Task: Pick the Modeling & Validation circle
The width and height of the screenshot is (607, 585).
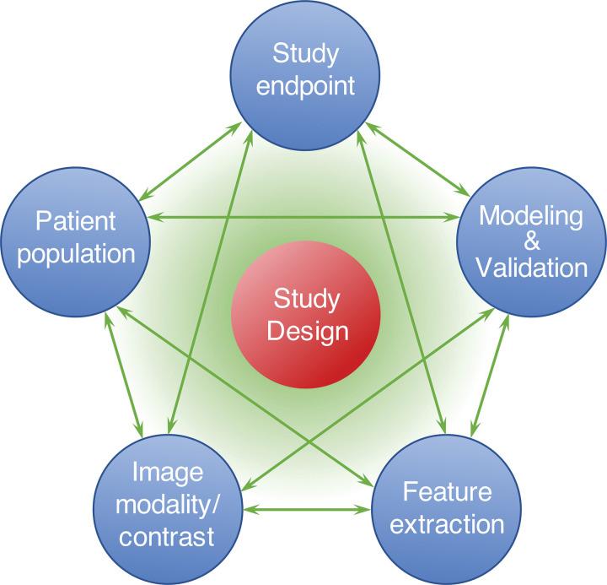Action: [531, 241]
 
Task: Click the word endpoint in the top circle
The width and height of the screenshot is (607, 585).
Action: [306, 85]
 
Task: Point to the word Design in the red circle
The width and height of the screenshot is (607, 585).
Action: [307, 330]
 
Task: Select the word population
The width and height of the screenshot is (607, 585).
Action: [76, 254]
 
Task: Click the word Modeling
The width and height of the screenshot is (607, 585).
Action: [531, 216]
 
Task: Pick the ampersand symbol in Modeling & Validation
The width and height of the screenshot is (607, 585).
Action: [531, 242]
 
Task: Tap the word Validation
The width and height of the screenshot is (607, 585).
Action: [531, 268]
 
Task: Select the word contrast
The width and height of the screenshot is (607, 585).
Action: [168, 537]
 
